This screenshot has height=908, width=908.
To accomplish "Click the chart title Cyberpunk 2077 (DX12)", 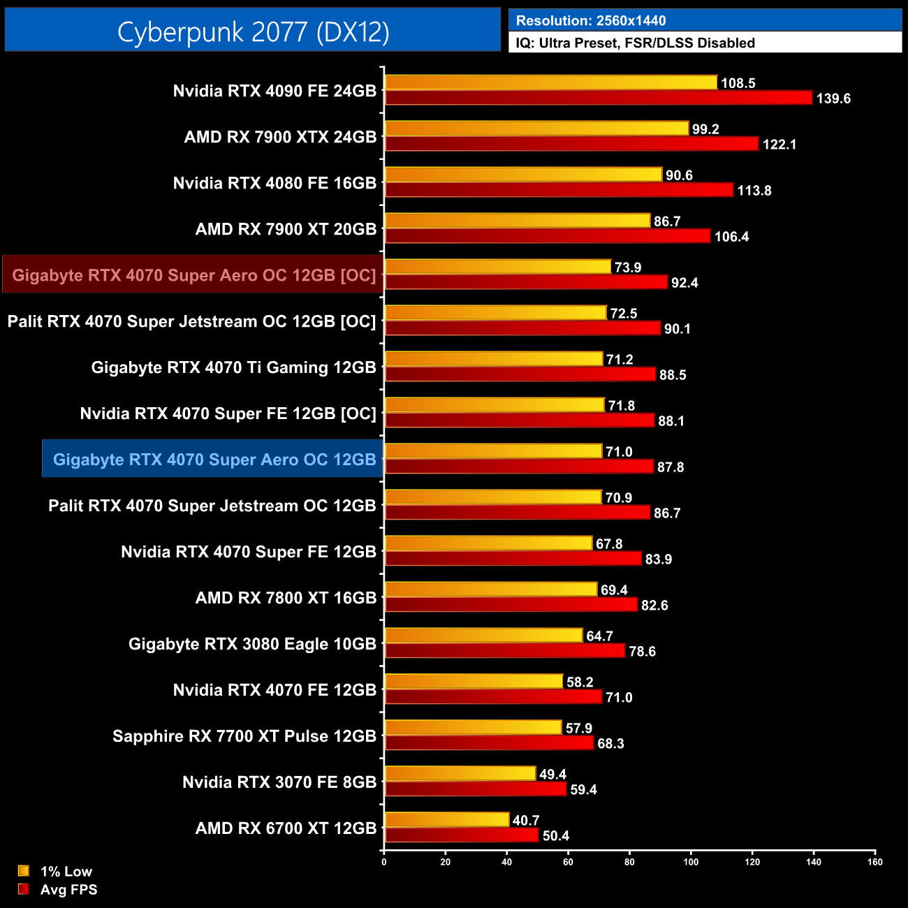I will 253,31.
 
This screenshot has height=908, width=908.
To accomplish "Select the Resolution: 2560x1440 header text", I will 590,21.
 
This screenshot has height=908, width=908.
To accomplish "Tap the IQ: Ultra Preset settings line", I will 635,43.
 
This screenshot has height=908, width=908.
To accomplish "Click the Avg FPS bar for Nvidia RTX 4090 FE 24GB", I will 599,98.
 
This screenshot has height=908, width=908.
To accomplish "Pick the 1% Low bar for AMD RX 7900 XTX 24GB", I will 536,129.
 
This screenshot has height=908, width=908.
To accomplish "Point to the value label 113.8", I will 754,191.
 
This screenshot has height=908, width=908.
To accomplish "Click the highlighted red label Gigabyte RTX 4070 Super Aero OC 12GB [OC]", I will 193,275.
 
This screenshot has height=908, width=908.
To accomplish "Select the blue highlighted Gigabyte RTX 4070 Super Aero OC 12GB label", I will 214,460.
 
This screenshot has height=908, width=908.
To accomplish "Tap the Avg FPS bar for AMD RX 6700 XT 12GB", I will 462,835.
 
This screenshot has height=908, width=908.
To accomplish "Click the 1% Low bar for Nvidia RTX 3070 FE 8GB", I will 460,774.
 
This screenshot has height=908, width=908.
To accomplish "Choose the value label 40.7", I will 526,821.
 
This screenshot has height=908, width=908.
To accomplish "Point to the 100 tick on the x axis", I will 691,862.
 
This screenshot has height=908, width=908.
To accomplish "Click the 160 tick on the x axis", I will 874,862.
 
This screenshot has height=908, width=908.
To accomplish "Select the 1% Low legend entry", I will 56,871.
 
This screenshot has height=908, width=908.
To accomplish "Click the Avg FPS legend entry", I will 59,890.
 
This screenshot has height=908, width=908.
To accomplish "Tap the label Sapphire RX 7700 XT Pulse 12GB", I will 244,736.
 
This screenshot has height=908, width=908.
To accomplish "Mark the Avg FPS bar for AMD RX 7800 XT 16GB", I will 511,605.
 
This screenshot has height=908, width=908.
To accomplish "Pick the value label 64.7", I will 599,636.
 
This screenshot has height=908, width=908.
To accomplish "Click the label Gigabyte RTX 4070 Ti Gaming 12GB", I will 233,367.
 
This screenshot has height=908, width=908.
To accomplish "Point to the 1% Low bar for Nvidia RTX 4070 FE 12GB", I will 474,682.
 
